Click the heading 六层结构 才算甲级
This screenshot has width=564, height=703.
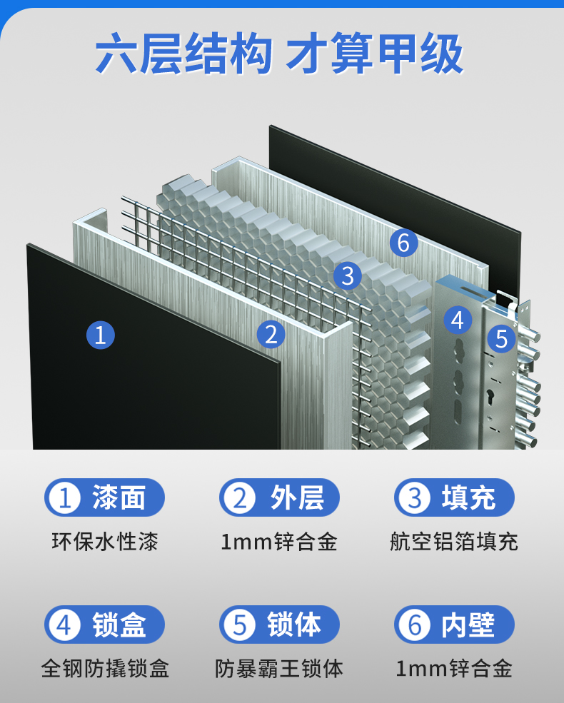coord(280,55)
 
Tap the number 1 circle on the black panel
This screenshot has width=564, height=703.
coord(101,335)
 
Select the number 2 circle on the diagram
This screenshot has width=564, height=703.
coord(271,334)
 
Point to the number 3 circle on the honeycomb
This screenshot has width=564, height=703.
coord(348,275)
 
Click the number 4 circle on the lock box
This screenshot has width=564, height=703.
coord(458,320)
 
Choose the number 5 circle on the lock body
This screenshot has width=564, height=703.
coord(502,338)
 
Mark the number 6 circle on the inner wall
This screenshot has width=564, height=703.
coord(404,243)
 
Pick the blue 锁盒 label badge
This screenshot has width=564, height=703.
coord(105,624)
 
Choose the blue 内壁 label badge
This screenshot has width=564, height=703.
coord(454,624)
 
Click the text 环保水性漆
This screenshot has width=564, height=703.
coord(105,541)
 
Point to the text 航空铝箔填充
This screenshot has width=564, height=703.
coord(454,541)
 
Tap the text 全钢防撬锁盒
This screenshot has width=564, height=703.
coord(105,669)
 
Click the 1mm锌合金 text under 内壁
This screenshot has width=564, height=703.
coord(454,669)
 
